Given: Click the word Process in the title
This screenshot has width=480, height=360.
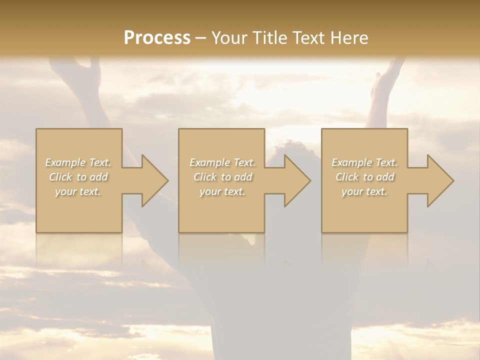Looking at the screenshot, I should [157, 38].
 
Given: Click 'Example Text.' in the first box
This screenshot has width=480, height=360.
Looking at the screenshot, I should [78, 162].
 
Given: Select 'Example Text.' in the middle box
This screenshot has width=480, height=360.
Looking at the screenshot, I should [222, 162].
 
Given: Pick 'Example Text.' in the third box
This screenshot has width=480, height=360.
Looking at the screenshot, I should [364, 162].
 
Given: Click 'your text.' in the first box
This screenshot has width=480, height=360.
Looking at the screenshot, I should [78, 191].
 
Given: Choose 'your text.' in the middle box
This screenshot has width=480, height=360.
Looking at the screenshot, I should [222, 191].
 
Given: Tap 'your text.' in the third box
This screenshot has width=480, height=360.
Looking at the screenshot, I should [364, 191].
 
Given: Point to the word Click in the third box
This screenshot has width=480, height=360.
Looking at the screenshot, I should [347, 177].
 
